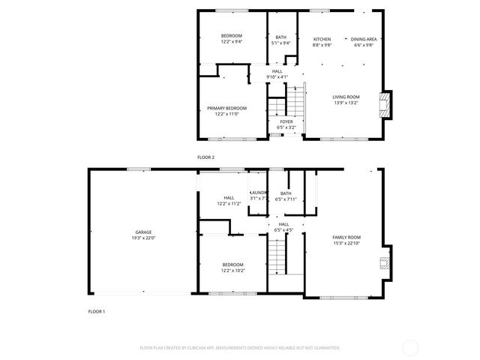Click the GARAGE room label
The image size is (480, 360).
[x=142, y=232]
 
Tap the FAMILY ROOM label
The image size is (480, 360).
[x=346, y=237]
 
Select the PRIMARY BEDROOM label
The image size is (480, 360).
[x=226, y=108]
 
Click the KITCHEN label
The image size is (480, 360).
[x=322, y=39]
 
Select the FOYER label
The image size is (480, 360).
[x=286, y=121]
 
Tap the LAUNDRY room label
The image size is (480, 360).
[x=259, y=193]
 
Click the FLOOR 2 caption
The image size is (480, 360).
[x=205, y=157]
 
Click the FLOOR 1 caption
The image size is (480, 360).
[x=97, y=310]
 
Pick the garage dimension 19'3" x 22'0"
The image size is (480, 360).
[x=142, y=238]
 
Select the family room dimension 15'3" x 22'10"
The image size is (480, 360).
[x=346, y=243]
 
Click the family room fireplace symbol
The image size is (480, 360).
[x=384, y=262]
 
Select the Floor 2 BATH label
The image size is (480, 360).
[x=280, y=37]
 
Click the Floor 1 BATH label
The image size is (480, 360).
[x=286, y=193]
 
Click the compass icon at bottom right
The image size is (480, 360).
[x=410, y=347]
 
